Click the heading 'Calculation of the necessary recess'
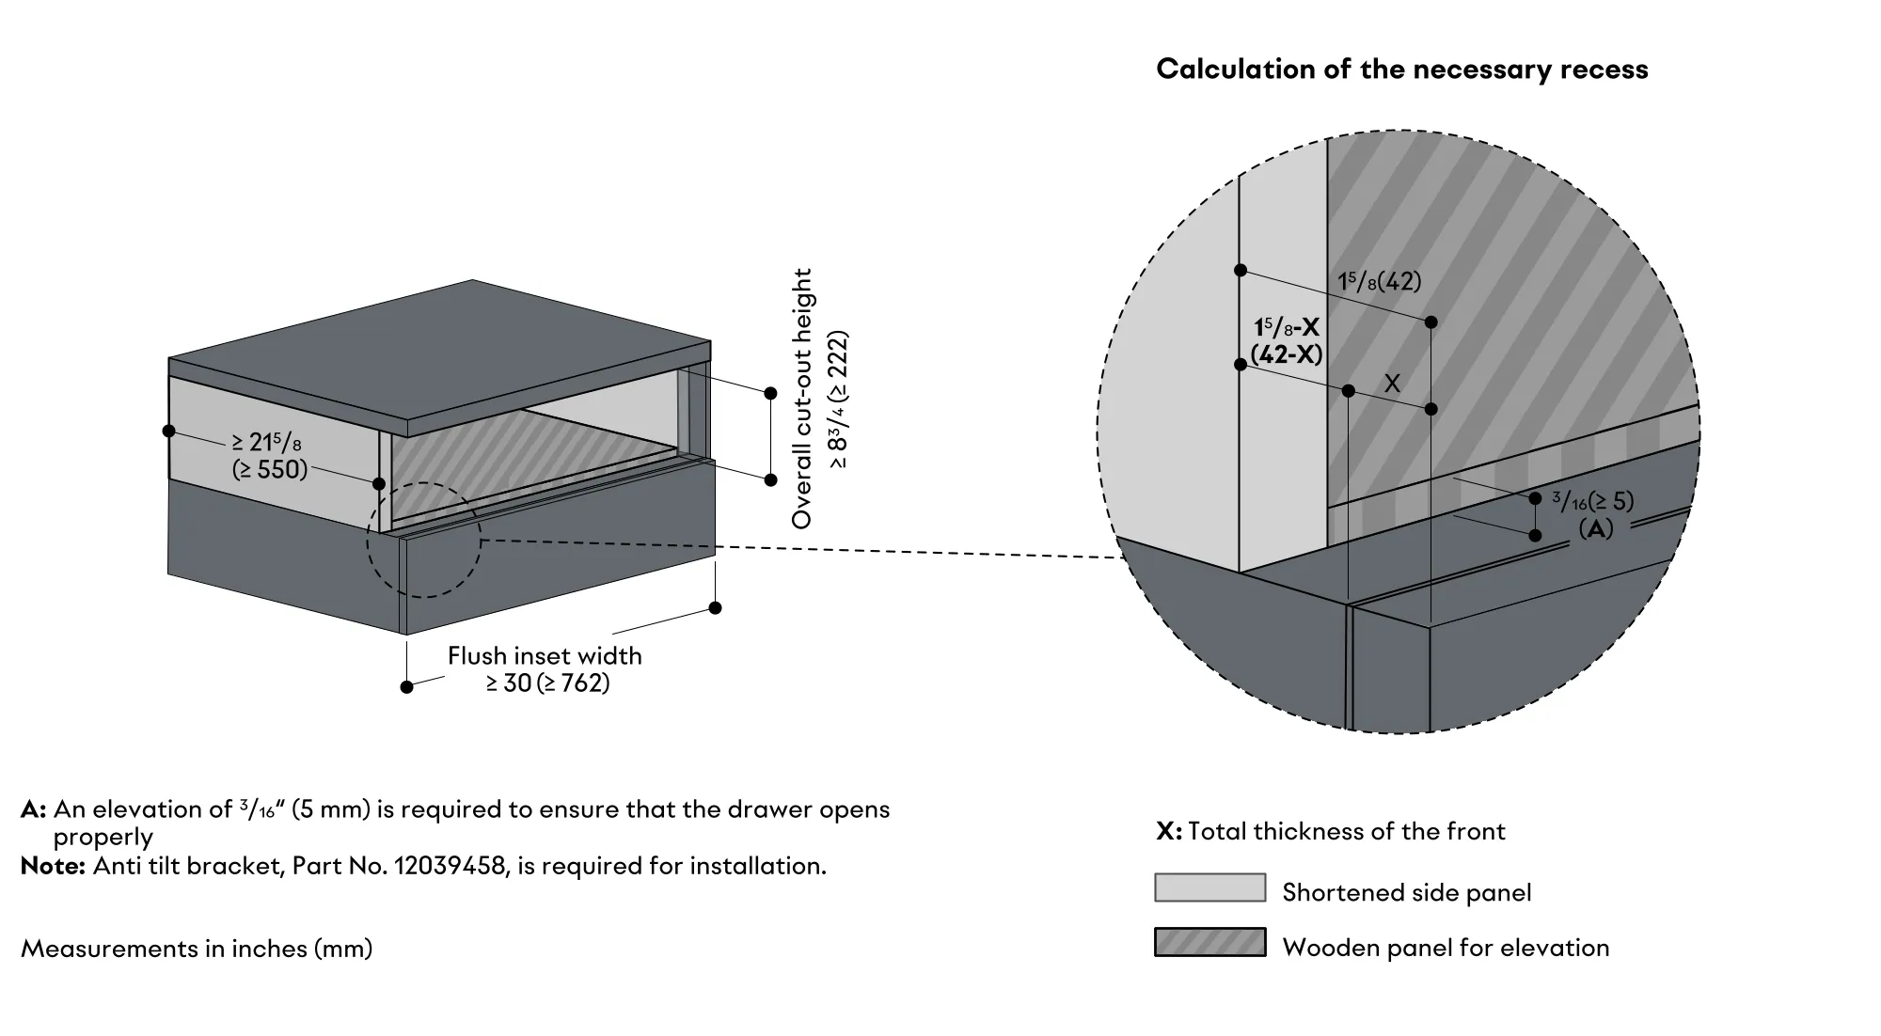(x=1401, y=70)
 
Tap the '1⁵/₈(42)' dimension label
(x=1380, y=281)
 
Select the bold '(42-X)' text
(x=1287, y=355)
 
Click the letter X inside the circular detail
(x=1393, y=384)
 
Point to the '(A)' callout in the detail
(x=1596, y=529)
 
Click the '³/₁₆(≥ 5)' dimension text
(x=1592, y=501)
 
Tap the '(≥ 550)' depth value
(x=270, y=469)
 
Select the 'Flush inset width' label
(x=545, y=655)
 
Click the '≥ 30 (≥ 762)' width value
(x=547, y=683)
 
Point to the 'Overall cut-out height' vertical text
(x=802, y=399)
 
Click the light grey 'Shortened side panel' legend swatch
(x=1210, y=888)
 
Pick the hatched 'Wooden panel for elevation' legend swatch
(x=1210, y=943)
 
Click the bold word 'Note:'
(x=54, y=866)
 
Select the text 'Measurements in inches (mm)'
(x=197, y=949)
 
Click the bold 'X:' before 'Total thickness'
(x=1169, y=831)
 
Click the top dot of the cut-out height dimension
(x=770, y=393)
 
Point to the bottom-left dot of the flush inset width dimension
(x=406, y=687)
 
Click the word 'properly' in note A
(x=103, y=838)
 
